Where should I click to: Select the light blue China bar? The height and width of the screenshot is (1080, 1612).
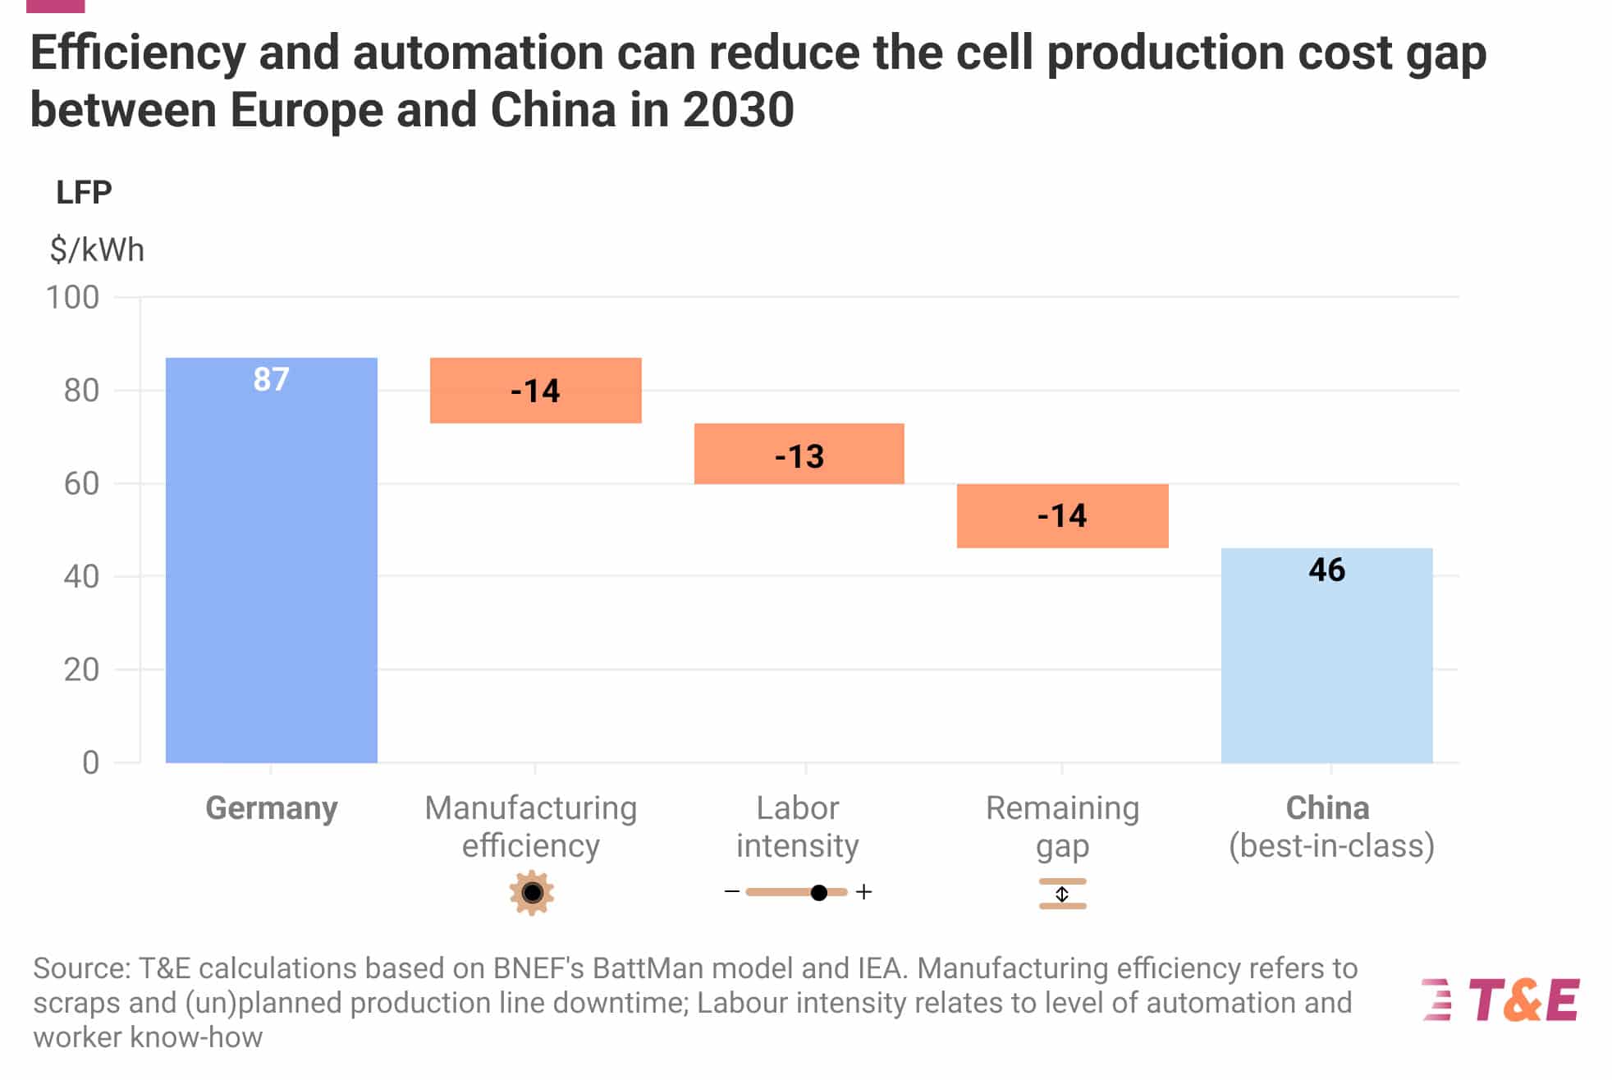pos(1326,665)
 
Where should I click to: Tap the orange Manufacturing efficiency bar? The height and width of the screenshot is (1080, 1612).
pos(535,391)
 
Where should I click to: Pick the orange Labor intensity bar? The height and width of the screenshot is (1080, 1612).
pos(799,454)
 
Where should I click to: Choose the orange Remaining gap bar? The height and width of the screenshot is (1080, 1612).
pos(1062,516)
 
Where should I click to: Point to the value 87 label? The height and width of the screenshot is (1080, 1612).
pos(271,380)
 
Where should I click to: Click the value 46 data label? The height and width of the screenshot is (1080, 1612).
pos(1326,570)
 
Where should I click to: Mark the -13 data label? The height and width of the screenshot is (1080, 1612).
pos(799,456)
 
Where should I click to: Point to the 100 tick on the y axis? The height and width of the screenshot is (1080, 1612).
pos(72,297)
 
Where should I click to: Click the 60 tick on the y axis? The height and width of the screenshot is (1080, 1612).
pos(81,483)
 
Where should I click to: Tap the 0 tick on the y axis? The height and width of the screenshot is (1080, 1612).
pos(90,762)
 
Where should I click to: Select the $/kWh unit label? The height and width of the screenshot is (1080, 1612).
pos(97,249)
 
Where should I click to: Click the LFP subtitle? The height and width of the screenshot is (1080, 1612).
pos(84,192)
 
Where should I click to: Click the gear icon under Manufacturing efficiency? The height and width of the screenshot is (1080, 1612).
pos(532,892)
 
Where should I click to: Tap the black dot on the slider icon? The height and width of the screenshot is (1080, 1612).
pos(818,892)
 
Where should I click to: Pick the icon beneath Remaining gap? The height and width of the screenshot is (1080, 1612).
pos(1062,894)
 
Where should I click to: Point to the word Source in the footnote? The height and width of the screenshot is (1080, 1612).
pos(80,968)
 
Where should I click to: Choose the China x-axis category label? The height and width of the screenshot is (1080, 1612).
pos(1327,808)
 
